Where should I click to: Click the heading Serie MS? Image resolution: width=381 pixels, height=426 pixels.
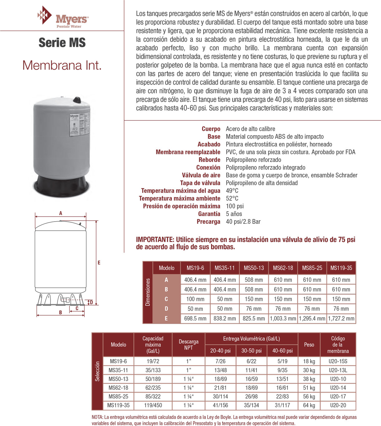[x=62, y=43]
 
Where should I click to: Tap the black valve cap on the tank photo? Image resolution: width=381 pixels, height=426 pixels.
[x=76, y=100]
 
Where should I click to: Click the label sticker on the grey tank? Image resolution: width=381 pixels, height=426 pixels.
[x=79, y=125]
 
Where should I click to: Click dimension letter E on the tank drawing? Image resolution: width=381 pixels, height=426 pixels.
[x=99, y=263]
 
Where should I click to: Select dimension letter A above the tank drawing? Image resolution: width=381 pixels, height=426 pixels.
[x=61, y=213]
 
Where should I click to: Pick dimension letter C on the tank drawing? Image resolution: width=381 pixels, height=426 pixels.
[x=77, y=308]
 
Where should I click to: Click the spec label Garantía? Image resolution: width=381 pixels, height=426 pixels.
[x=209, y=214]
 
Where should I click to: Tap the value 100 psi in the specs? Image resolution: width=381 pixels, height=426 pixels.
[x=235, y=206]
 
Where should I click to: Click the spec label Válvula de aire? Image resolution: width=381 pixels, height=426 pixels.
[x=201, y=175]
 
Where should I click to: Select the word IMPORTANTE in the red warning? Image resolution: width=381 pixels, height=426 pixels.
[x=155, y=240]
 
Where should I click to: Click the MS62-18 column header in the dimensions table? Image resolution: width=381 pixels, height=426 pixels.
[x=283, y=268]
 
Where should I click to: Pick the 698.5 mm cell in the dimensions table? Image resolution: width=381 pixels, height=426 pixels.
[x=195, y=319]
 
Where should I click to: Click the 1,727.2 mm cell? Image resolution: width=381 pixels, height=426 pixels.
[x=341, y=319]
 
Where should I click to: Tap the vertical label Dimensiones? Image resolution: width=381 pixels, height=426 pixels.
[x=148, y=292]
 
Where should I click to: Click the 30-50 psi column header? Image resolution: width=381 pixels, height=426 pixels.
[x=251, y=351]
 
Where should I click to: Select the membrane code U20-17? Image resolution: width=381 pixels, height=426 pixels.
[x=338, y=397]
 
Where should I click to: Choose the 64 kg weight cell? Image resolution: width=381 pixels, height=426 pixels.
[x=309, y=405]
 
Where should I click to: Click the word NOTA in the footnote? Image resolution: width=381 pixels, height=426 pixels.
[x=97, y=417]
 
